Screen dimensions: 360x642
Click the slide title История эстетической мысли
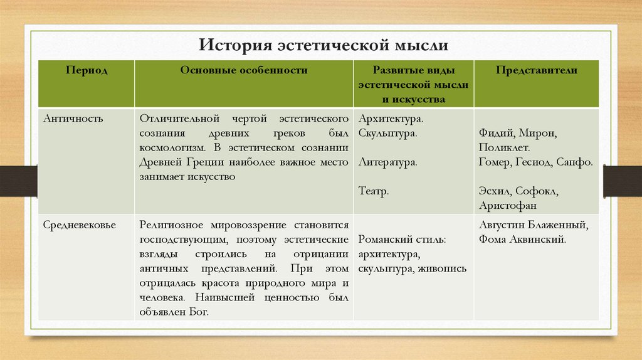324,45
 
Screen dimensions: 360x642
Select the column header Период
87,71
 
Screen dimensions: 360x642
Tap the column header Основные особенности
244,71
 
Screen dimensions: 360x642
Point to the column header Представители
536,71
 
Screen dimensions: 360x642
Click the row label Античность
70,118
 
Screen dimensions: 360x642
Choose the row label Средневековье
79,225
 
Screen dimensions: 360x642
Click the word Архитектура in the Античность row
391,119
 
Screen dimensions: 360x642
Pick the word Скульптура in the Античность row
389,133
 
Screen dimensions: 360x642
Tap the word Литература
388,162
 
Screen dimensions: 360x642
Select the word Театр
374,191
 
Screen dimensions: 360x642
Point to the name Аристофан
507,206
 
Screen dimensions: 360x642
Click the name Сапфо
574,162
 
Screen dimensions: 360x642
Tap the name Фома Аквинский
522,239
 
